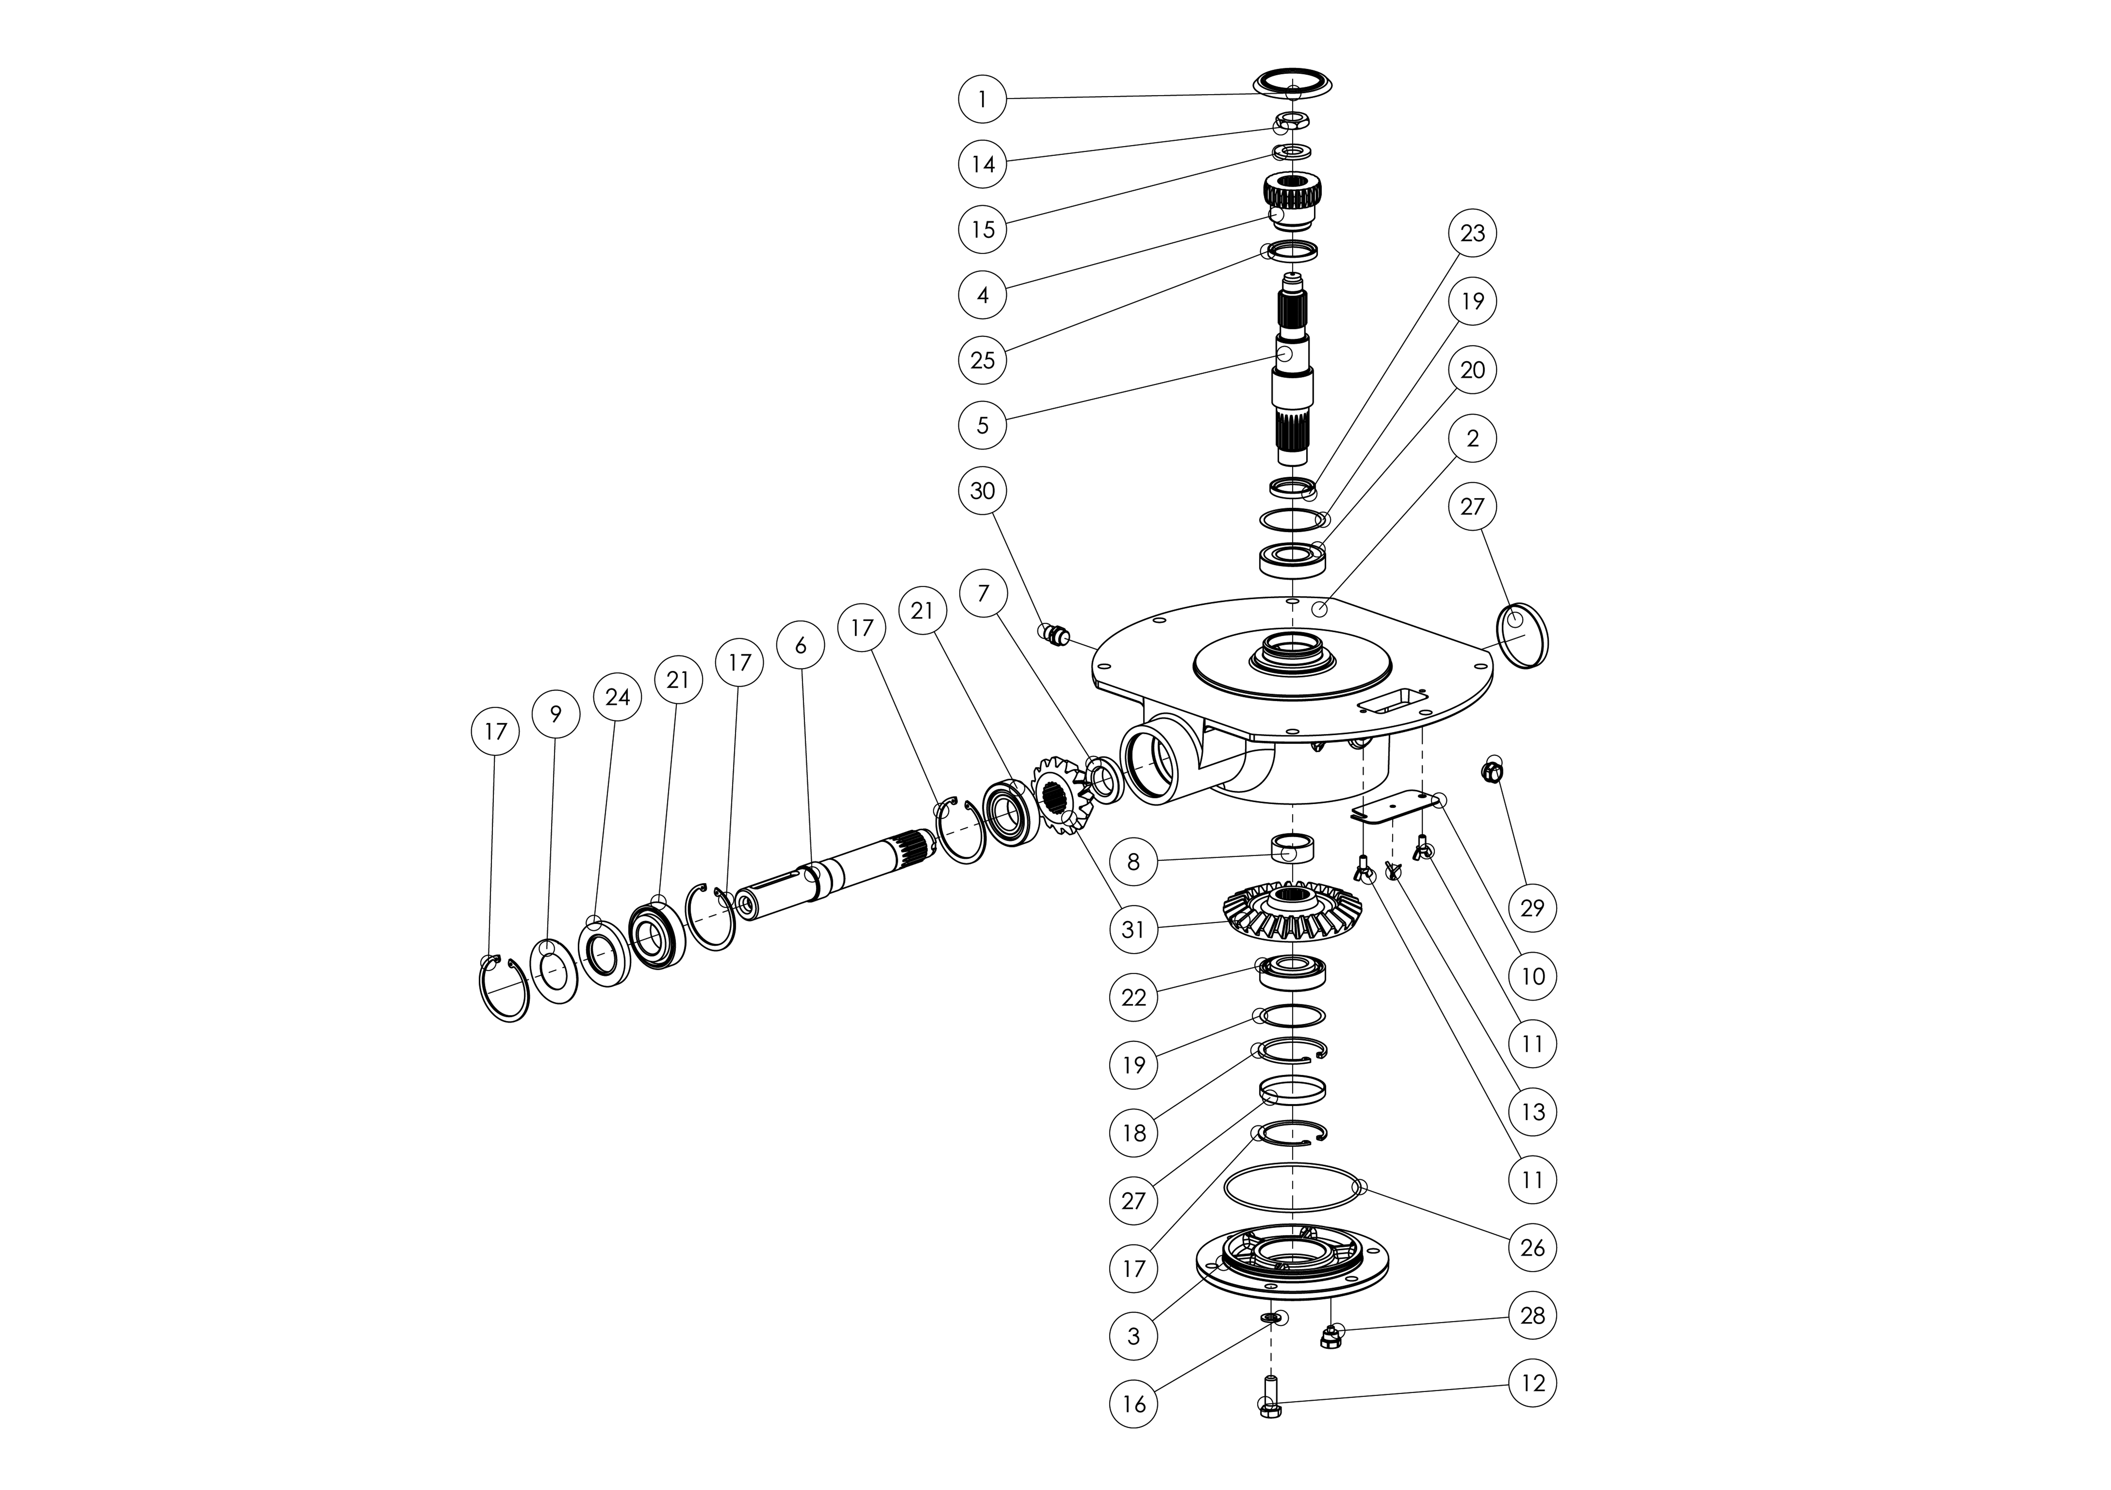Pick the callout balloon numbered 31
[x=1134, y=930]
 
